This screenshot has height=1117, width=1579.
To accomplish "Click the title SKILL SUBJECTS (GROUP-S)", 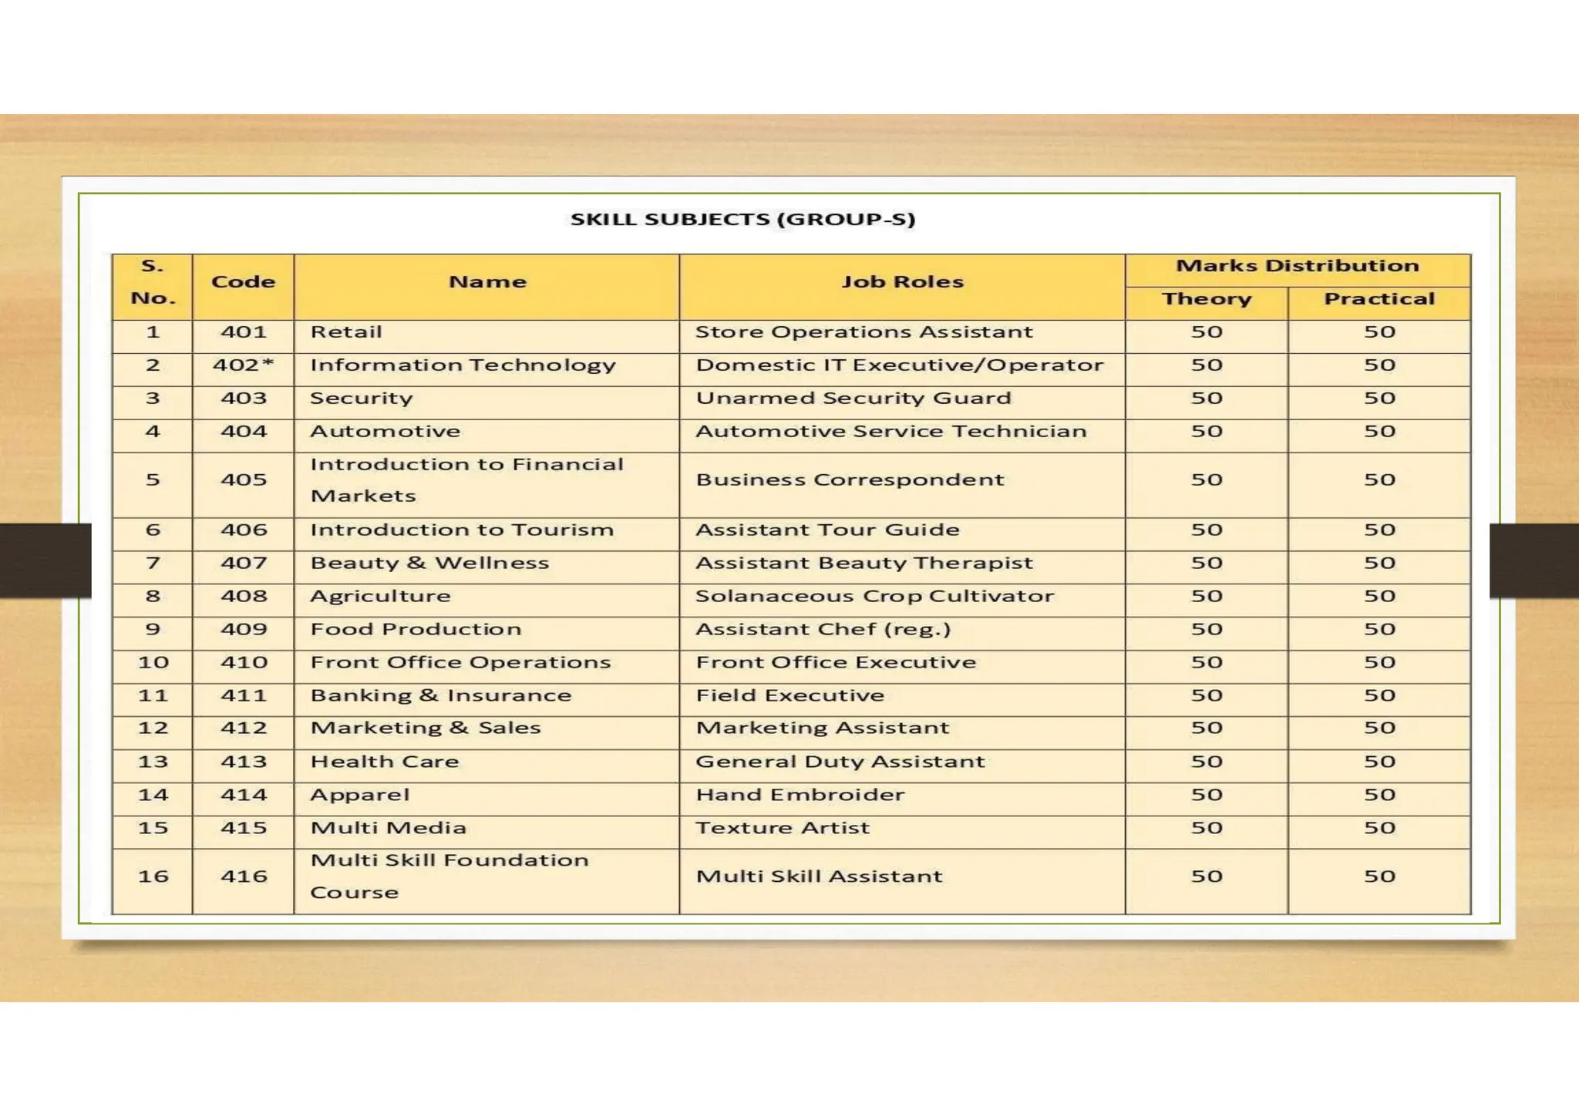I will [x=742, y=220].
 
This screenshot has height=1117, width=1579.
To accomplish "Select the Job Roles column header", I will [x=902, y=282].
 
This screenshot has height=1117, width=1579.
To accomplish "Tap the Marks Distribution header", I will [x=1297, y=266].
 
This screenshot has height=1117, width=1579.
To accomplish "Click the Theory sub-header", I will [x=1207, y=299].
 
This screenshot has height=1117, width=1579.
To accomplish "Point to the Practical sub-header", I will [x=1379, y=299].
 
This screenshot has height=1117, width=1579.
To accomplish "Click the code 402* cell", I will [x=244, y=365].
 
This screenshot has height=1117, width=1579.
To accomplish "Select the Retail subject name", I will [x=346, y=332].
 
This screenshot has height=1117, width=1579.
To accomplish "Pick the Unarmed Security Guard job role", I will [x=853, y=399].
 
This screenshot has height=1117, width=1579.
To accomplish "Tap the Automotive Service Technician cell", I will [x=891, y=432].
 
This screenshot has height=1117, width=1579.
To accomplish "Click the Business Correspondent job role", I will [x=850, y=480].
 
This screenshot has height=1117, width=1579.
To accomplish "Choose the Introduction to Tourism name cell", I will [x=462, y=530].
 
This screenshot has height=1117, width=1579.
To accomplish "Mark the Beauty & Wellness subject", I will [x=429, y=564].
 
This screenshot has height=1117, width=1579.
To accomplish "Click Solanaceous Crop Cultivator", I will [x=874, y=597].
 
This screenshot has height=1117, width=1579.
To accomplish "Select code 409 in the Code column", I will [x=244, y=630].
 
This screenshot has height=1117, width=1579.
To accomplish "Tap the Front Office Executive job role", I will [x=836, y=663].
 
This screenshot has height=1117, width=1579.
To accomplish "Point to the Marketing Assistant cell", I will [x=822, y=728].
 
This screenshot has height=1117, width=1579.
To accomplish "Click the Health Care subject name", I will [x=384, y=762].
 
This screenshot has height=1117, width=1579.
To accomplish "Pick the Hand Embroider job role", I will [x=800, y=796].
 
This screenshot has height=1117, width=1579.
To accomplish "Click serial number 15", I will [x=153, y=829].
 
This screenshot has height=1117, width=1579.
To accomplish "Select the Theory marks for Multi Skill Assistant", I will [x=1207, y=877].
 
